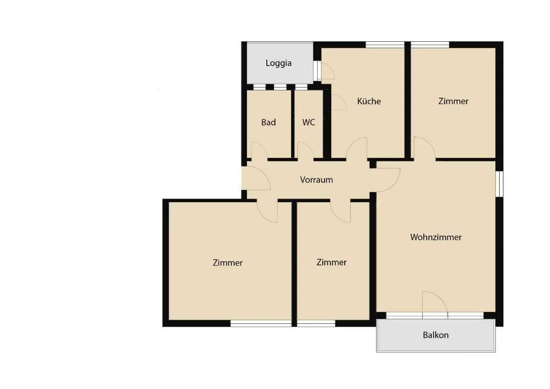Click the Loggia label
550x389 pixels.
coord(279,63)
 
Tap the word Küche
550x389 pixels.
coord(369,101)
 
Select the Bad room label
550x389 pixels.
coord(269,122)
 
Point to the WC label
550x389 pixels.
coord(308,122)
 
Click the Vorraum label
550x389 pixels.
coord(316,180)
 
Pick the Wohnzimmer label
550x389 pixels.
coord(436,237)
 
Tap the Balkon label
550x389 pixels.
coord(435,335)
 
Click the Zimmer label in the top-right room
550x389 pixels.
coord(453,101)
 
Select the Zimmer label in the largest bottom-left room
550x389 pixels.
coord(228,262)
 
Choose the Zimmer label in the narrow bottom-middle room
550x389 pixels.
coord(331,262)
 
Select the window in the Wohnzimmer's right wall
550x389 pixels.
coord(500,184)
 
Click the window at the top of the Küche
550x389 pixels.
coord(385,44)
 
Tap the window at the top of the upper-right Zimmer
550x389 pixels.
coord(430,44)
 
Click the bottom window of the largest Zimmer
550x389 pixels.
coord(261,323)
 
